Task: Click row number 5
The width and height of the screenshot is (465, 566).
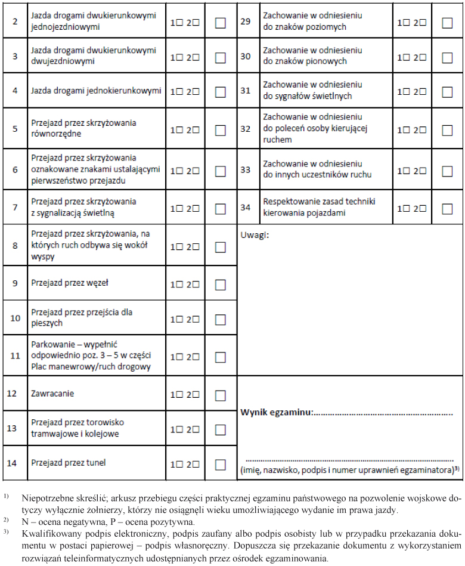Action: pos(15,128)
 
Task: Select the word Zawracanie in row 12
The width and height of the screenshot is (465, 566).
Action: pos(52,394)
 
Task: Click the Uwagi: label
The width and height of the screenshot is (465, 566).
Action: pos(255,234)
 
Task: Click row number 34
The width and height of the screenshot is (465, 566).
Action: pos(245,208)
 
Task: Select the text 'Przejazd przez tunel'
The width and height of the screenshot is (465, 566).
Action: pos(69,462)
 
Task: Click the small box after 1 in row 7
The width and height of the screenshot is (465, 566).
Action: pos(179,209)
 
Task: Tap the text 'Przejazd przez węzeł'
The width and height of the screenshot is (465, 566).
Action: pos(70,282)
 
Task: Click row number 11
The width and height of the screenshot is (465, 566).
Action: pos(15,356)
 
